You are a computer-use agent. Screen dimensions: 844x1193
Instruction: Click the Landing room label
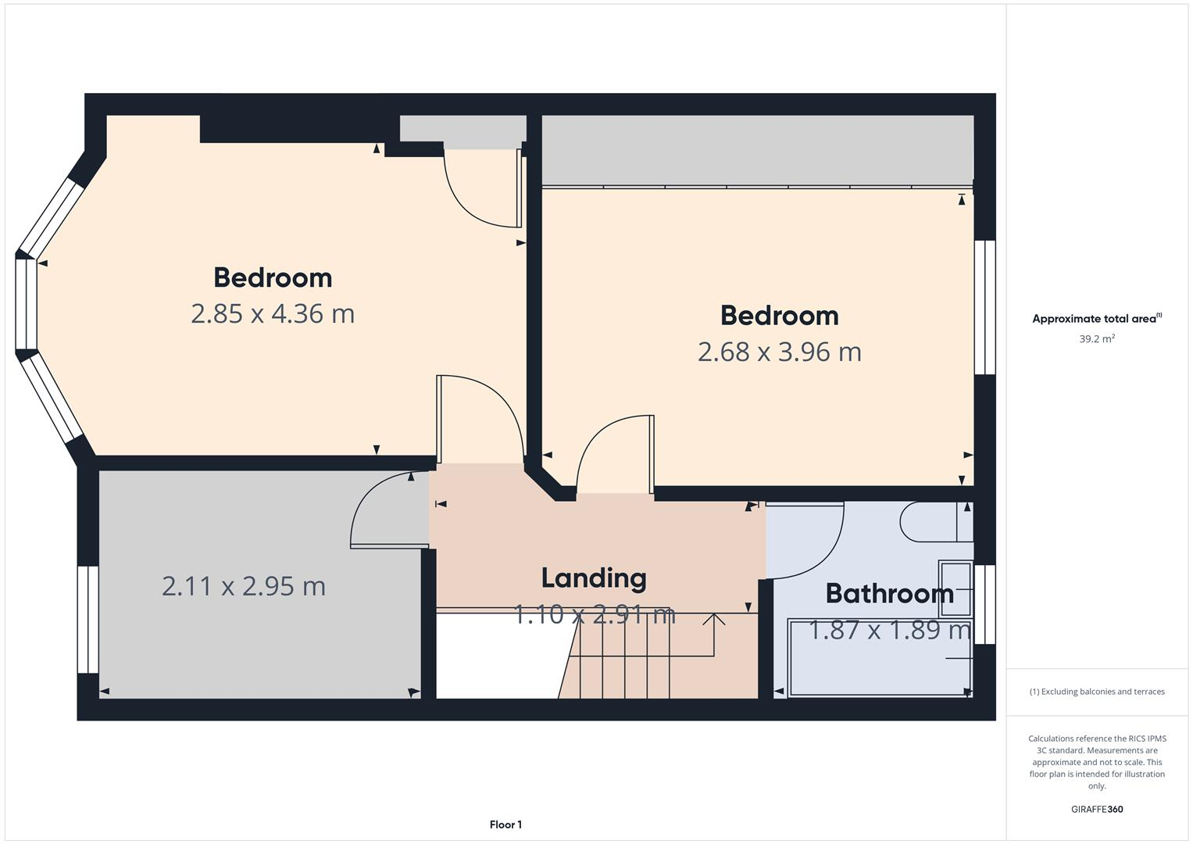point(594,578)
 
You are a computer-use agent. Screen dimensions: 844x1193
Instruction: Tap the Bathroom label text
point(889,594)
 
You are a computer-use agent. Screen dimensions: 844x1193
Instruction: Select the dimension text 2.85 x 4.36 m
point(273,313)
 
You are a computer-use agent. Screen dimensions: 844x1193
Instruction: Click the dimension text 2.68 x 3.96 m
point(779,352)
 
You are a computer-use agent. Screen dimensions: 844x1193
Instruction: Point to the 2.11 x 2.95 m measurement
point(243,586)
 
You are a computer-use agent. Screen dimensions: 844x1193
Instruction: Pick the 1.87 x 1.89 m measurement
point(889,630)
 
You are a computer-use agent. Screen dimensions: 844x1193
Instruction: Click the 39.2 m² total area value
point(1096,339)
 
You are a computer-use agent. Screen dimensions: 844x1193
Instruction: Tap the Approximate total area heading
point(1096,319)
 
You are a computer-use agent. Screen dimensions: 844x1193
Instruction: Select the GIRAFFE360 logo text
point(1096,810)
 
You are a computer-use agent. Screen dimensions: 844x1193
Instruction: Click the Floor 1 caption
point(505,824)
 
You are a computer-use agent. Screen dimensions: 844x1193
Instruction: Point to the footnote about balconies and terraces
point(1096,692)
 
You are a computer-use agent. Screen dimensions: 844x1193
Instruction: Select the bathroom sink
point(955,588)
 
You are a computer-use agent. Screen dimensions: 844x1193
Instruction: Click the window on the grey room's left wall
point(88,619)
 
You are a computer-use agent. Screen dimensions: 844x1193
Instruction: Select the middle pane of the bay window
point(26,303)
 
